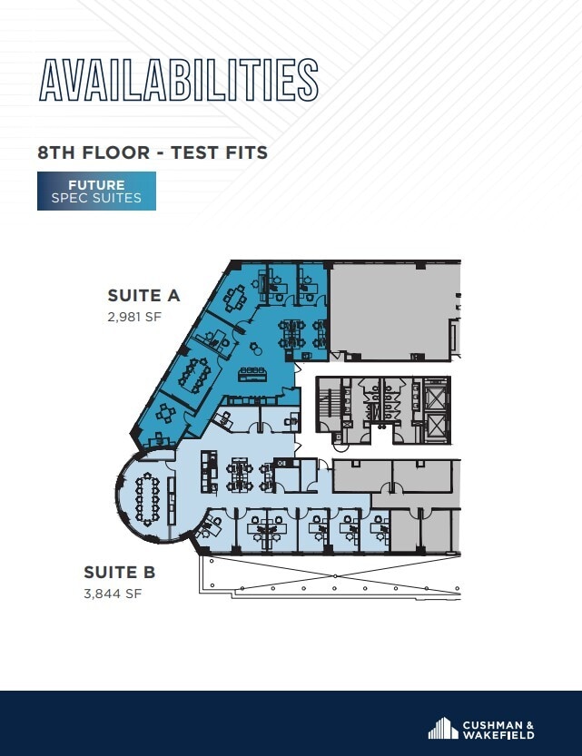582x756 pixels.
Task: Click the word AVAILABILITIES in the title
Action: (178, 80)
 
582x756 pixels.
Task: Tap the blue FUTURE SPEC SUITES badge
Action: (96, 191)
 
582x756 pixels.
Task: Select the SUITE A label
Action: (144, 295)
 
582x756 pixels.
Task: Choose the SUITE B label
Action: (120, 573)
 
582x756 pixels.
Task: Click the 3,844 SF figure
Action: (113, 594)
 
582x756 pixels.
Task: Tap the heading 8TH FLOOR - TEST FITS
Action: (153, 152)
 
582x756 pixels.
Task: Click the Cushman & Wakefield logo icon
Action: (442, 728)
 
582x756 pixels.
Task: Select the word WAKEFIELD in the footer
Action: (496, 734)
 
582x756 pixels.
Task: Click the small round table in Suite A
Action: (253, 346)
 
